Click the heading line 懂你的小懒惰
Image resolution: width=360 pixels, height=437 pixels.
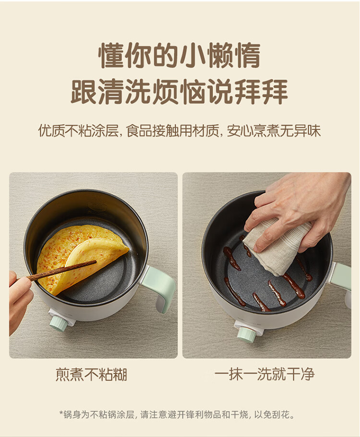(x=180, y=55)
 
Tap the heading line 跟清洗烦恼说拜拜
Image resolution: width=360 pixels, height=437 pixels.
(x=180, y=92)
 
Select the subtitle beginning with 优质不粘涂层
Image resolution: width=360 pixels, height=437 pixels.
(x=180, y=130)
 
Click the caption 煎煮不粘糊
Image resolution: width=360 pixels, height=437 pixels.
(x=92, y=374)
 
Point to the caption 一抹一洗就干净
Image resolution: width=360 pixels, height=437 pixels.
(x=264, y=374)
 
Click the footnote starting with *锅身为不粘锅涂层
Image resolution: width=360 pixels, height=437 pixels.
(x=177, y=415)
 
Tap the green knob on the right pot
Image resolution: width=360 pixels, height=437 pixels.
(x=246, y=334)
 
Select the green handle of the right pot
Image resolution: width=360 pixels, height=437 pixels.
(x=342, y=276)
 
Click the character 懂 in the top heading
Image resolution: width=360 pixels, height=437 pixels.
(x=112, y=55)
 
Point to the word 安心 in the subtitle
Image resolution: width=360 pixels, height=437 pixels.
(x=240, y=130)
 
